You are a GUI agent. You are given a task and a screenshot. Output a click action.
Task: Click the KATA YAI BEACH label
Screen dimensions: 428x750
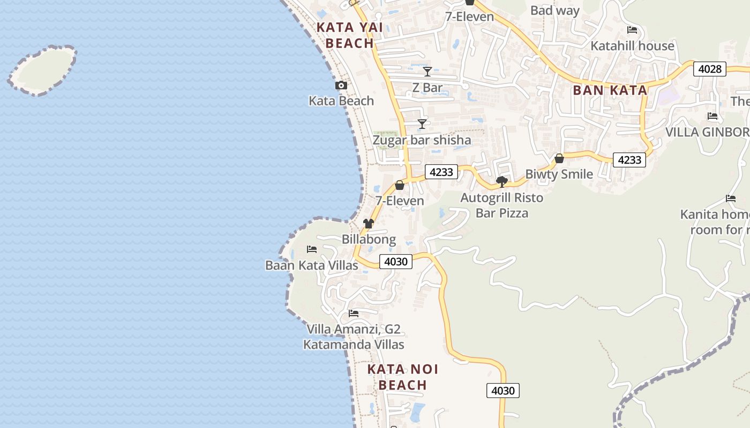[345, 35]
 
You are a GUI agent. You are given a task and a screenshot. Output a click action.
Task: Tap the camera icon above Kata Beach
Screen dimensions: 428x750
[341, 86]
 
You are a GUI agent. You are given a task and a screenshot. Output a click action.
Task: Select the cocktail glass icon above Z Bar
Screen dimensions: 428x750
[427, 72]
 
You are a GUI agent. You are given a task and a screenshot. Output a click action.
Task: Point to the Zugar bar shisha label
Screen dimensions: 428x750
[422, 140]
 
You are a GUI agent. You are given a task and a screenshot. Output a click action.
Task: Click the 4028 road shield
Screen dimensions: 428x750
[709, 69]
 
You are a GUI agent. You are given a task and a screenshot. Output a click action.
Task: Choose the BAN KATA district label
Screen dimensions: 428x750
[610, 90]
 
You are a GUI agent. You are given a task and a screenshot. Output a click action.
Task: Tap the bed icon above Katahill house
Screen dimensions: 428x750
[632, 30]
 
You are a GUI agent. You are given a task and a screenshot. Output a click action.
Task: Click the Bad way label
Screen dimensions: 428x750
[555, 11]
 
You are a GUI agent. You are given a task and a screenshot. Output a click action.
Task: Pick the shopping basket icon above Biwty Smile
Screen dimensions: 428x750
[559, 158]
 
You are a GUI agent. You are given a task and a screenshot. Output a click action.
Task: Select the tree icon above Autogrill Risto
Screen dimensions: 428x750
[502, 182]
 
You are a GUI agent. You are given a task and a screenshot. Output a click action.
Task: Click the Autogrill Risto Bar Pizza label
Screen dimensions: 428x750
[502, 205]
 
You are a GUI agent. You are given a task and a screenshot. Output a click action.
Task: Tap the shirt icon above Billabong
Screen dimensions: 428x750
[369, 224]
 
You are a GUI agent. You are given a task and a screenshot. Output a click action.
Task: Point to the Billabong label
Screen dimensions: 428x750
[369, 240]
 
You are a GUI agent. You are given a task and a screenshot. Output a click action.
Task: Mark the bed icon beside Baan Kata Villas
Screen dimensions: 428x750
[312, 249]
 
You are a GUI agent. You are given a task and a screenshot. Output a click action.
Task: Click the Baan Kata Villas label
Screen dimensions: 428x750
[312, 265]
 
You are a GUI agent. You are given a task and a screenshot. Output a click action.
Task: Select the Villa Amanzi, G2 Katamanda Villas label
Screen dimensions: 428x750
[354, 337]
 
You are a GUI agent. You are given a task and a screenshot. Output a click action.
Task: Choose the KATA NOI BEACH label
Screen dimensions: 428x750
[403, 377]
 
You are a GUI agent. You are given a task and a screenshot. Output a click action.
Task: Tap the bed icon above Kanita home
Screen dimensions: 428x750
[731, 198]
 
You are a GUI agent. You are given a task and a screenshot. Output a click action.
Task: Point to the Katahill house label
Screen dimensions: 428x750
[632, 46]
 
